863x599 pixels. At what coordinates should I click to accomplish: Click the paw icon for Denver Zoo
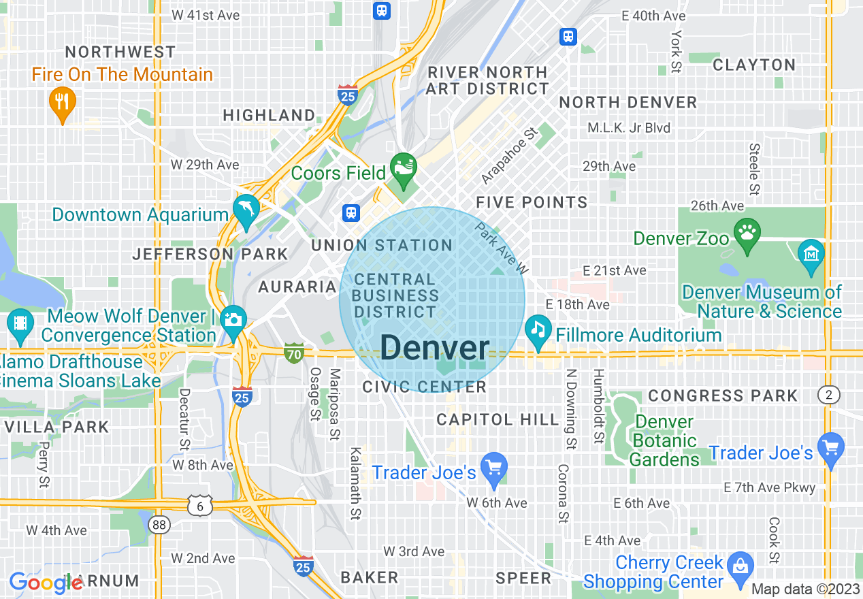(x=747, y=233)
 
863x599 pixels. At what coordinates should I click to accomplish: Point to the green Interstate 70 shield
(x=294, y=353)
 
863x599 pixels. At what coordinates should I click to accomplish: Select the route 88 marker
(x=159, y=525)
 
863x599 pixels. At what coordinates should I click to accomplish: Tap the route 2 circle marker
(x=829, y=395)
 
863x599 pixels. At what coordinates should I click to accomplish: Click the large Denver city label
(x=434, y=349)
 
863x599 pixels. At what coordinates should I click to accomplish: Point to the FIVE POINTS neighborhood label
(x=532, y=202)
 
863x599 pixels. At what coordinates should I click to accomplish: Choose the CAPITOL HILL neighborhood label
(x=498, y=419)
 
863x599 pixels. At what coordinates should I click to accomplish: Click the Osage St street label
(x=315, y=394)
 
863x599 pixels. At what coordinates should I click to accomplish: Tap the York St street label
(x=676, y=51)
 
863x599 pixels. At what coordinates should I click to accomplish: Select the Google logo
(x=45, y=583)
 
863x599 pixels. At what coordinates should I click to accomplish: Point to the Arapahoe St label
(x=509, y=155)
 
